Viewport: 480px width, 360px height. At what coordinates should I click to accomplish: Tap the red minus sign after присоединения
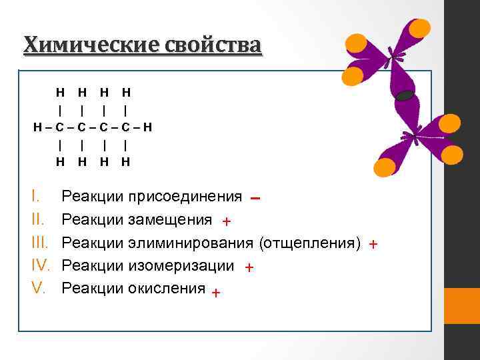tap(256, 198)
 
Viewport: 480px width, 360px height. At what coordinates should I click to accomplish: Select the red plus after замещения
tap(226, 221)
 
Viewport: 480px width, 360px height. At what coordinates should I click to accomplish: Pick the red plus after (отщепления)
tap(373, 245)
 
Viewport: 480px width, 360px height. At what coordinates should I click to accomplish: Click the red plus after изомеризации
tap(248, 267)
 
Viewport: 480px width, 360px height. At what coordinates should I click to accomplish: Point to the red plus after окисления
tap(215, 291)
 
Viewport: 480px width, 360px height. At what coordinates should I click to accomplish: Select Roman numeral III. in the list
tap(40, 243)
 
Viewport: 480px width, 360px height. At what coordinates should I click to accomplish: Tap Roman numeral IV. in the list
tap(41, 265)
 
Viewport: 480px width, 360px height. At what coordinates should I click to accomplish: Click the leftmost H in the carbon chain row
tap(38, 126)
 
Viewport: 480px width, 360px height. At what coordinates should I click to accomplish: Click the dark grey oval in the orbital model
tap(405, 95)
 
